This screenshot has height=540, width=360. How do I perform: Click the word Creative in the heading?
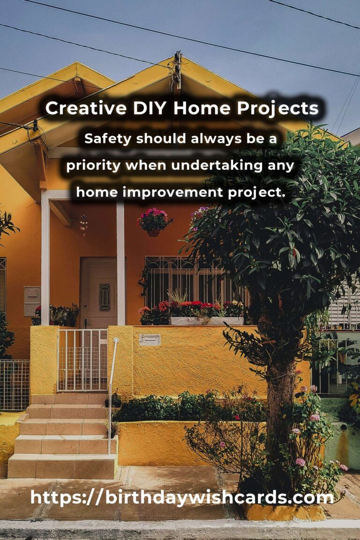(x=86, y=108)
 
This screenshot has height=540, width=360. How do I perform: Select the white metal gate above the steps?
(x=82, y=360)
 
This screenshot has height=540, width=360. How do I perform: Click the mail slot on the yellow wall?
(x=150, y=340)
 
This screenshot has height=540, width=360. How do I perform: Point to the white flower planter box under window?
(x=207, y=321)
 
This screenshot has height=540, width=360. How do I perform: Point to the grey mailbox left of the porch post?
(x=32, y=301)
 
